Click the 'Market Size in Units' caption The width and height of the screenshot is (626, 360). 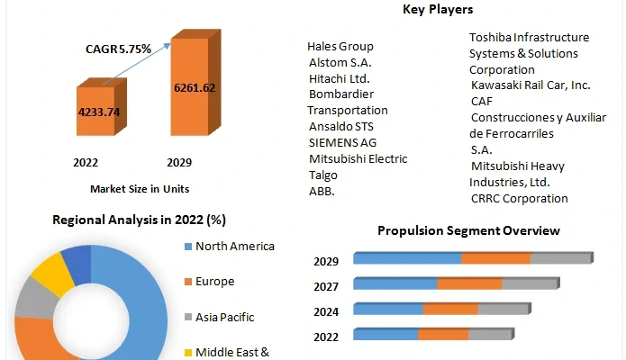click(140, 189)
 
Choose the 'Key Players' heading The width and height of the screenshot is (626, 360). click(438, 10)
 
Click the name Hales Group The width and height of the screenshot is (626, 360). click(340, 46)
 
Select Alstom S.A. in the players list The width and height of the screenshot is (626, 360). click(340, 62)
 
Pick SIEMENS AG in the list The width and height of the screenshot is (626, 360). click(342, 142)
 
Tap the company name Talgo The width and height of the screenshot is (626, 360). click(323, 175)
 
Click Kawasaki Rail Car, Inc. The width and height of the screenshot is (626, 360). click(531, 85)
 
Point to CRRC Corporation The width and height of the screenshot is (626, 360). click(520, 198)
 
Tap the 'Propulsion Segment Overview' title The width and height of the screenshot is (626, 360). click(468, 230)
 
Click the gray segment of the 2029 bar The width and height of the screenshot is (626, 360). click(560, 259)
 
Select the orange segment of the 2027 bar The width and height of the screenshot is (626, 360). click(469, 284)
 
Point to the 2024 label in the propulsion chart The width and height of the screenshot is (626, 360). click(326, 311)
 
